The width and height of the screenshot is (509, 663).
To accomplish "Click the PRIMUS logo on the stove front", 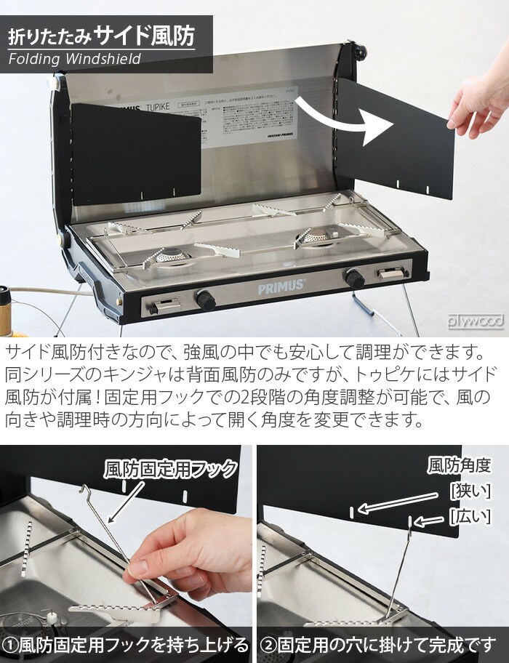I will click(x=281, y=288).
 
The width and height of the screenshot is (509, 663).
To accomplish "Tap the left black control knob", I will click(x=206, y=299).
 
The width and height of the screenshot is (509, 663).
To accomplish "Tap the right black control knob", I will click(x=355, y=278).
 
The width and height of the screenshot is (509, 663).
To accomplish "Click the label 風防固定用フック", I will click(x=171, y=469).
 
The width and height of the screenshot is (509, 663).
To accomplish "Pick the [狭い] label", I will click(x=470, y=491).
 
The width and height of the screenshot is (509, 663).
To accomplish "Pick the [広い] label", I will click(x=470, y=516).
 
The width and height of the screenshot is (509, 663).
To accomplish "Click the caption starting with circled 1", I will click(x=126, y=645).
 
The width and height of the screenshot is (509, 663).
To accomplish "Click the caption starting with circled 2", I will click(x=382, y=645).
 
